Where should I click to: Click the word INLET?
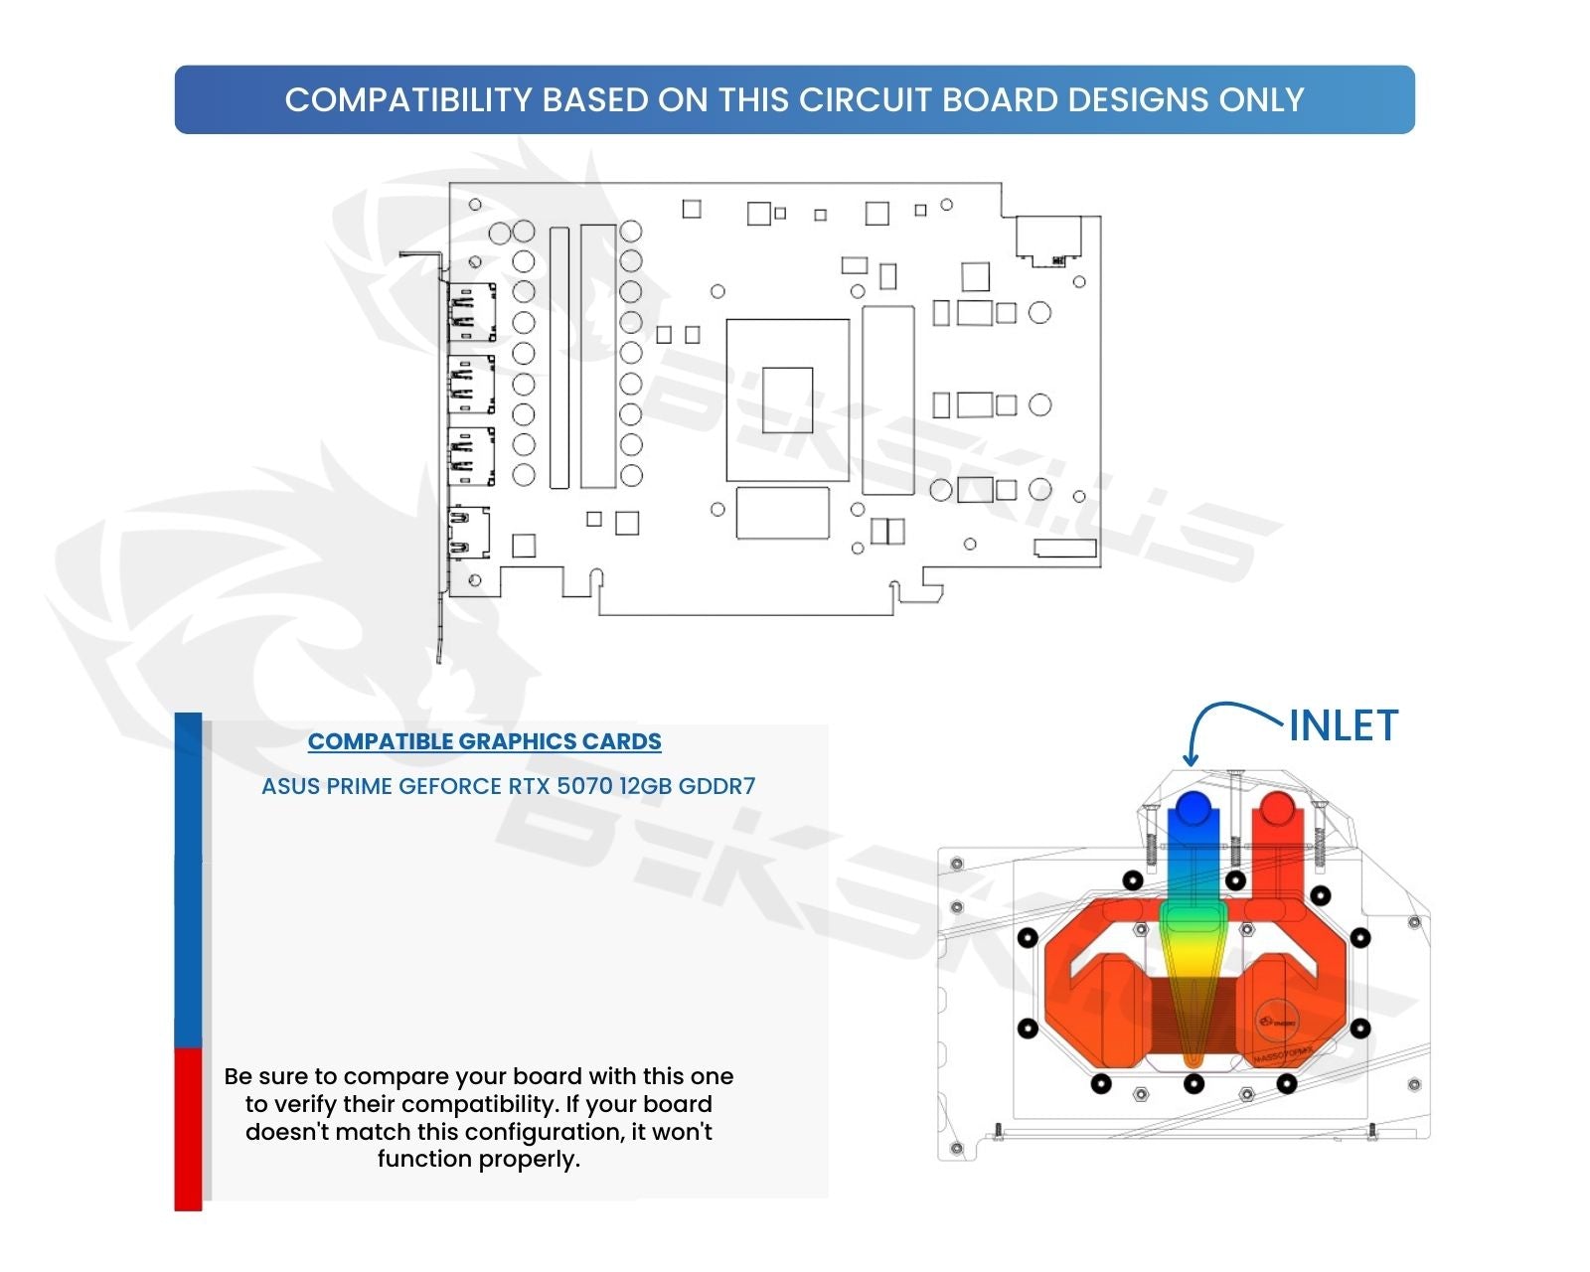1343,726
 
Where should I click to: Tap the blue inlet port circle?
1192,807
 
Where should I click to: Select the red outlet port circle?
1276,807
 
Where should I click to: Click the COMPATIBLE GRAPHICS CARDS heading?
484,741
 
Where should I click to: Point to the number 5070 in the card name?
584,786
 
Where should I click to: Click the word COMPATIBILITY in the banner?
408,100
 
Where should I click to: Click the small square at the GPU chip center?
787,399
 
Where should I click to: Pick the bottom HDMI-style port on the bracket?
469,533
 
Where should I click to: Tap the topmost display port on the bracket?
472,312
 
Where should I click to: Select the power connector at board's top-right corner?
1048,239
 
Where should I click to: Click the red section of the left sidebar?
188,1128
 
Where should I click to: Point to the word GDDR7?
716,786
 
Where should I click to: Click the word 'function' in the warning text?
424,1159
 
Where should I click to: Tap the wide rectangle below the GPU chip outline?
782,513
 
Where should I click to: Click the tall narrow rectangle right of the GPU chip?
887,399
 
